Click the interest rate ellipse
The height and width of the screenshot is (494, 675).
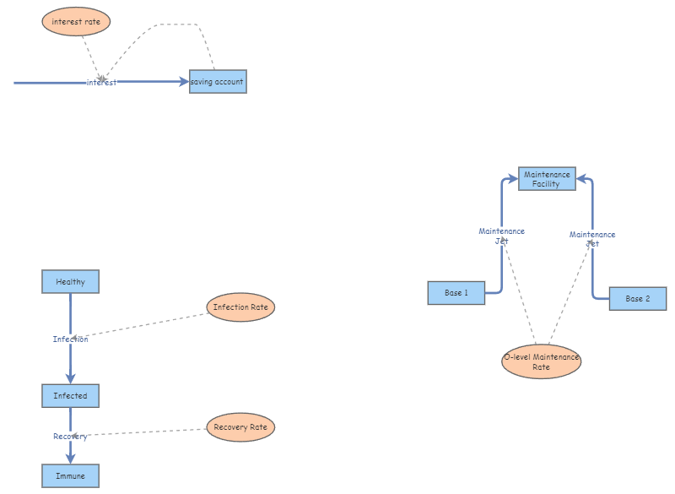pos(76,21)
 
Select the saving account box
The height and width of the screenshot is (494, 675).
pos(218,82)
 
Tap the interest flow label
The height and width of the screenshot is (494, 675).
pos(101,82)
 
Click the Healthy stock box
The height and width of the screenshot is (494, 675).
pos(70,281)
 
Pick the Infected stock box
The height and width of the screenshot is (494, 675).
pos(70,395)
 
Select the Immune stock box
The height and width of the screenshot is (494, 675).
pos(70,475)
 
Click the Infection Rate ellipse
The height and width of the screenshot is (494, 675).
pos(240,307)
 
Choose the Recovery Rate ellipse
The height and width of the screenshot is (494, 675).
pos(240,426)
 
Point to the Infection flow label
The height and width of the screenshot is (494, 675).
pos(70,339)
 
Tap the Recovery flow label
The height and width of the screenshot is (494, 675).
pos(70,436)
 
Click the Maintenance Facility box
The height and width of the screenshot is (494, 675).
pos(546,178)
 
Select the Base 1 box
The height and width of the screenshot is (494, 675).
pos(456,292)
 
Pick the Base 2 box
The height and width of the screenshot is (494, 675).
pos(637,298)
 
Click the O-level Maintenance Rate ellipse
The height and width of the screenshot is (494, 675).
pos(541,361)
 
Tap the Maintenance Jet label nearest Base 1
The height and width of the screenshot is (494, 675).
pos(501,236)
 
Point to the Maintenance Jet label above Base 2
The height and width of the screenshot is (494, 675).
pos(592,238)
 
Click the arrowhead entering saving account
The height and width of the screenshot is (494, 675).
pos(184,82)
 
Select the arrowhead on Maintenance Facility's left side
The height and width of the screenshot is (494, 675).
pos(512,178)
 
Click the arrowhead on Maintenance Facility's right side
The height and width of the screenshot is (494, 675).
pos(581,178)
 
